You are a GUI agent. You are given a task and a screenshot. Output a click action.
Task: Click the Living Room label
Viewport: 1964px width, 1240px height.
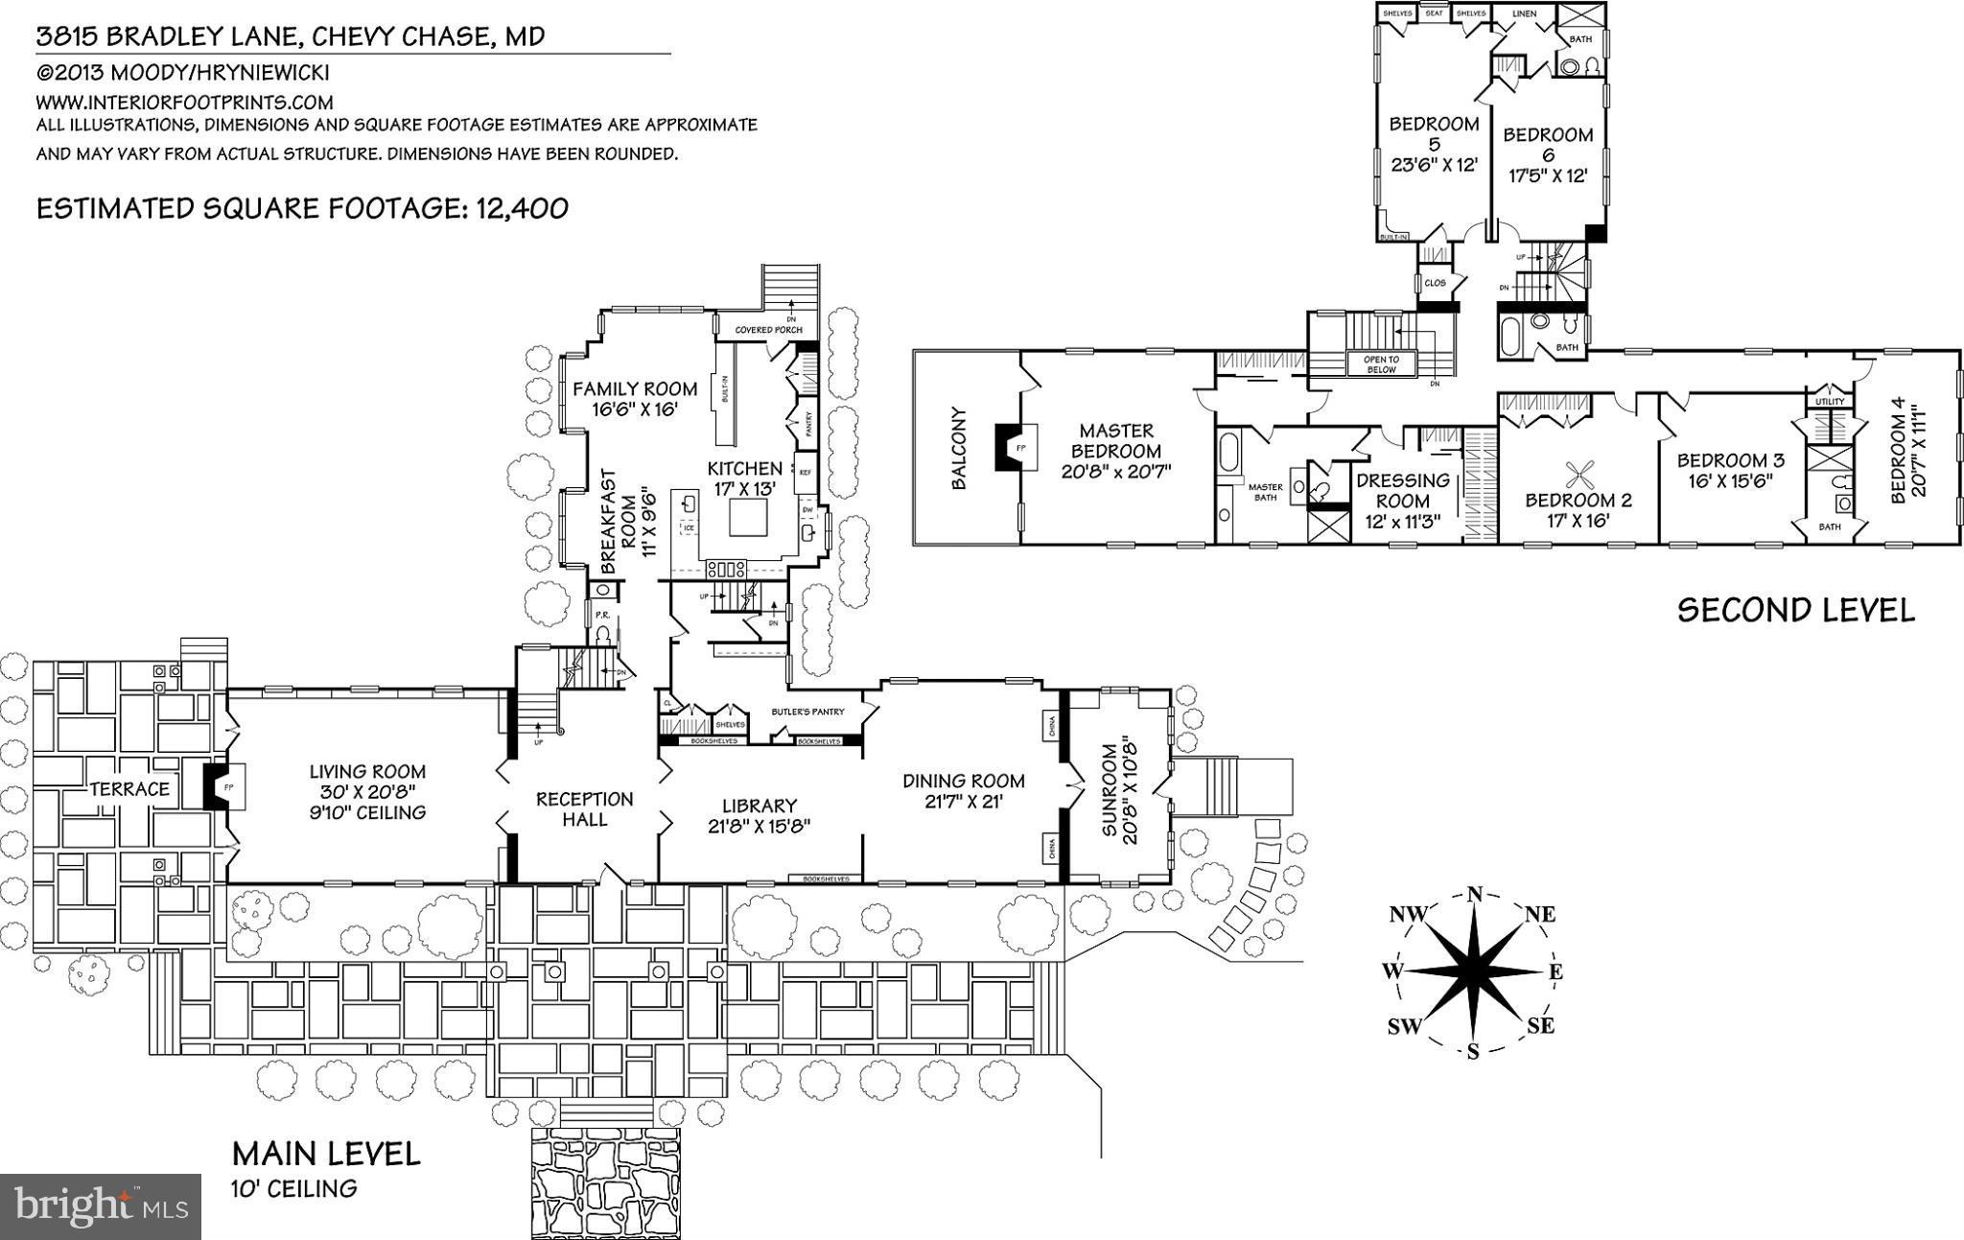click(x=367, y=791)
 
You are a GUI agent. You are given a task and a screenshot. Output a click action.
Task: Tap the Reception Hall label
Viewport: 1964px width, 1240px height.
click(x=584, y=808)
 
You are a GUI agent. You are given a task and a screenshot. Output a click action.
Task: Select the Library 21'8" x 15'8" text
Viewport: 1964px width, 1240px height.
click(x=759, y=816)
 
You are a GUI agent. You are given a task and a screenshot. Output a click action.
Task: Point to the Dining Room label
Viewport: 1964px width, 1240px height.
click(x=963, y=790)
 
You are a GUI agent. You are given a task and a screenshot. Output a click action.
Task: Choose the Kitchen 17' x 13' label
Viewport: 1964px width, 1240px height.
click(x=744, y=478)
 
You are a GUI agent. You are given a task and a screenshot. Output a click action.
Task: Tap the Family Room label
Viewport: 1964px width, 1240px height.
click(x=634, y=398)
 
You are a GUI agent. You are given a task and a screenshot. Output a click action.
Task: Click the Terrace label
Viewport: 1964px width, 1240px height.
click(x=129, y=789)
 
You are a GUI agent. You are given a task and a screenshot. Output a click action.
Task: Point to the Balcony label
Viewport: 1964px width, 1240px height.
click(x=959, y=449)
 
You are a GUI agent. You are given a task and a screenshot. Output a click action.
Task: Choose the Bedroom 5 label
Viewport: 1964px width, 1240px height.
click(x=1434, y=144)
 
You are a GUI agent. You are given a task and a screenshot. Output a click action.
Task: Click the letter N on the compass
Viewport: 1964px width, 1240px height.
click(x=1475, y=896)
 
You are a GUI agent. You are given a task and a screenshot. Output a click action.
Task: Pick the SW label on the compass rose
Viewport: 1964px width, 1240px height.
click(x=1404, y=1027)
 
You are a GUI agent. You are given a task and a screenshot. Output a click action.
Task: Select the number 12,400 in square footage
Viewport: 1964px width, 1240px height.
click(x=520, y=208)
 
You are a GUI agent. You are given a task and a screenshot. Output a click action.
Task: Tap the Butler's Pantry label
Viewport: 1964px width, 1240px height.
click(x=807, y=712)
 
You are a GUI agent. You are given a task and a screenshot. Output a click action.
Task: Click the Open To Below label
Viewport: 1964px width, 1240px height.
click(x=1380, y=364)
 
